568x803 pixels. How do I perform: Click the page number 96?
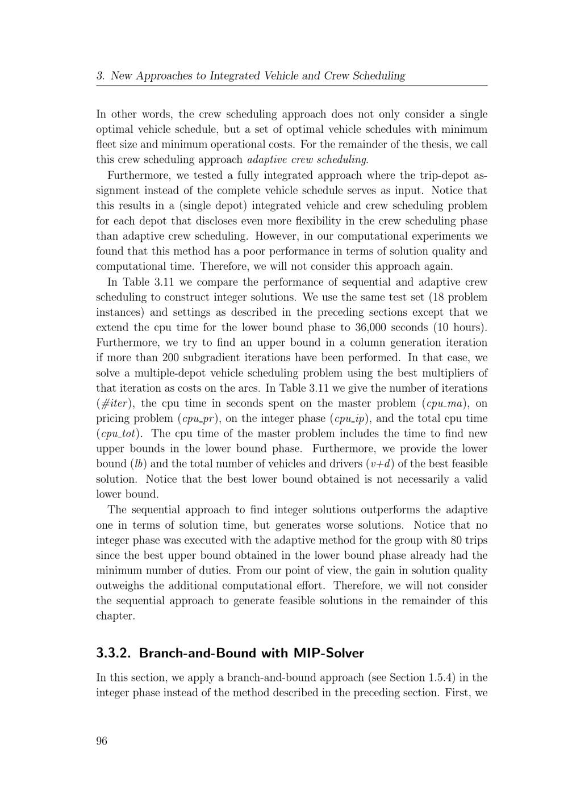click(x=102, y=741)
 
